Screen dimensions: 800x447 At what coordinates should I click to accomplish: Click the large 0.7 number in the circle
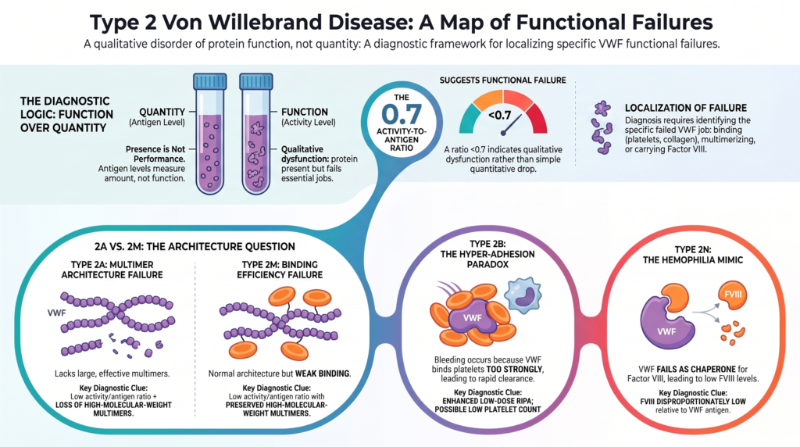coord(401,114)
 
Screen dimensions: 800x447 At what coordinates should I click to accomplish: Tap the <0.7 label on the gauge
coord(499,116)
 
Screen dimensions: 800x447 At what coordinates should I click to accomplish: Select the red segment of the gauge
coord(537,118)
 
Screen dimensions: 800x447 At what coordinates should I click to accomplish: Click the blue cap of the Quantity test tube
coord(209,81)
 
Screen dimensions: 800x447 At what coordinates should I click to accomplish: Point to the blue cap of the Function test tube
coord(256,81)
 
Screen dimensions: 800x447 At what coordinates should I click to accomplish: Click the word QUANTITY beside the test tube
coord(162,112)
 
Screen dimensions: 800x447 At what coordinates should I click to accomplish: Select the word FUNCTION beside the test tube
coord(305,112)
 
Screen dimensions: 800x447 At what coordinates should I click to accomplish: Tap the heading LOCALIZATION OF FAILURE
coord(686,108)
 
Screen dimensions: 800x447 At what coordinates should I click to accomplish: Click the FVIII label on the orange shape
coord(733,295)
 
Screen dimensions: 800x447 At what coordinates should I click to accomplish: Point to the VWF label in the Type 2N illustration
coord(666,331)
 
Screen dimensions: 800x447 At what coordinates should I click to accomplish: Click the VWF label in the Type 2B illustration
coord(472,318)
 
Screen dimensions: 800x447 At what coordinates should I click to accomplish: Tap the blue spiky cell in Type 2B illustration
coord(523,295)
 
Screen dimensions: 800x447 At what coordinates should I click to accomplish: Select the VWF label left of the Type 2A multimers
coord(56,313)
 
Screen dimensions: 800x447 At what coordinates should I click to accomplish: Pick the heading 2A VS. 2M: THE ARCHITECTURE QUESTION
coord(195,246)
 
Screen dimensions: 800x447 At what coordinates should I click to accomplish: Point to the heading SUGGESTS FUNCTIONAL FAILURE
coord(502,80)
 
